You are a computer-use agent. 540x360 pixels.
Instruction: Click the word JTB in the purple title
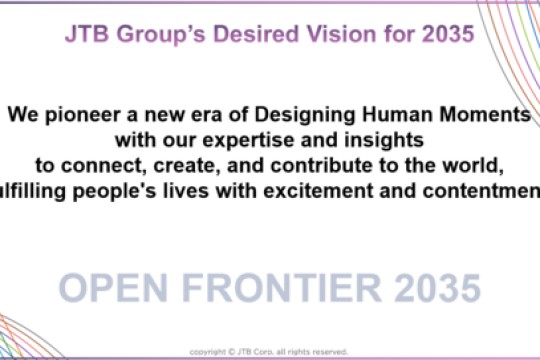pyautogui.click(x=87, y=33)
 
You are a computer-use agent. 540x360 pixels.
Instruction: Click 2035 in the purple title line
pyautogui.click(x=448, y=33)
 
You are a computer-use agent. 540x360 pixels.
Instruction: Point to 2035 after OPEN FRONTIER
pyautogui.click(x=435, y=287)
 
